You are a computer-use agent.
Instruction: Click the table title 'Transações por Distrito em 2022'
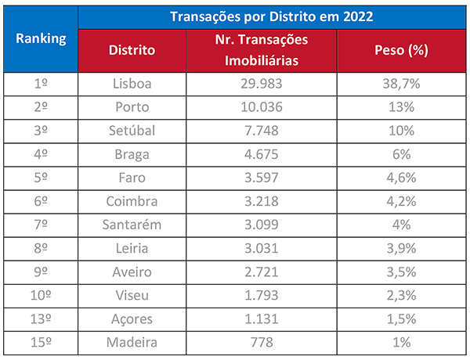pos(273,17)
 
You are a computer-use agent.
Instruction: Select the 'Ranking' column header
pos(41,38)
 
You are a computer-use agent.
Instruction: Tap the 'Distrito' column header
pos(132,50)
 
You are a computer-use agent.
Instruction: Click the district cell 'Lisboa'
pos(132,84)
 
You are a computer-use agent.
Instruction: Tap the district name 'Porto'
pos(132,107)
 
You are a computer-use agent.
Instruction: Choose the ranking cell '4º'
pos(41,154)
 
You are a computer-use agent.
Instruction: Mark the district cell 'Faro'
pos(132,178)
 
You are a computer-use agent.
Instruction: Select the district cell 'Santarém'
pos(132,225)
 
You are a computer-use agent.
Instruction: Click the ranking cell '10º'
pos(41,295)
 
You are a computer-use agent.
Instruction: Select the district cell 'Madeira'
pos(132,343)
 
